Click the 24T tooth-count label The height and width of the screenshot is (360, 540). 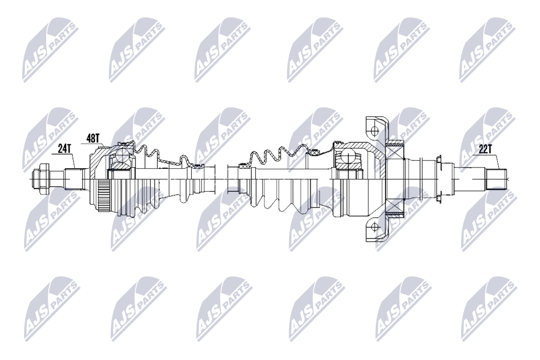pyautogui.click(x=64, y=149)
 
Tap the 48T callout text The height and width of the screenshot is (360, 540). pyautogui.click(x=93, y=138)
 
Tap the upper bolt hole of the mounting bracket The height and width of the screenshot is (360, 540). pyautogui.click(x=375, y=130)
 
